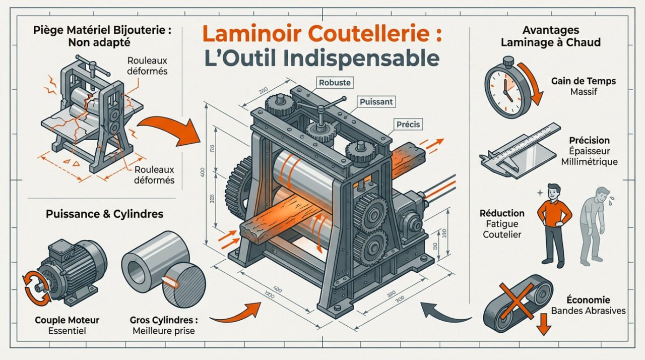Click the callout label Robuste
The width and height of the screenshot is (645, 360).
(335, 82)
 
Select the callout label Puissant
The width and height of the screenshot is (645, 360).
(376, 102)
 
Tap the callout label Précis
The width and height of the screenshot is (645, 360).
(408, 124)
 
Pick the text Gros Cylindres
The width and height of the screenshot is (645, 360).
(163, 320)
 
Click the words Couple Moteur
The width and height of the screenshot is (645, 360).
(67, 320)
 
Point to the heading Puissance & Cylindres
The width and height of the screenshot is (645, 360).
(104, 214)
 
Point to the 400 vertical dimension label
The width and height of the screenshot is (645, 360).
(203, 173)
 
